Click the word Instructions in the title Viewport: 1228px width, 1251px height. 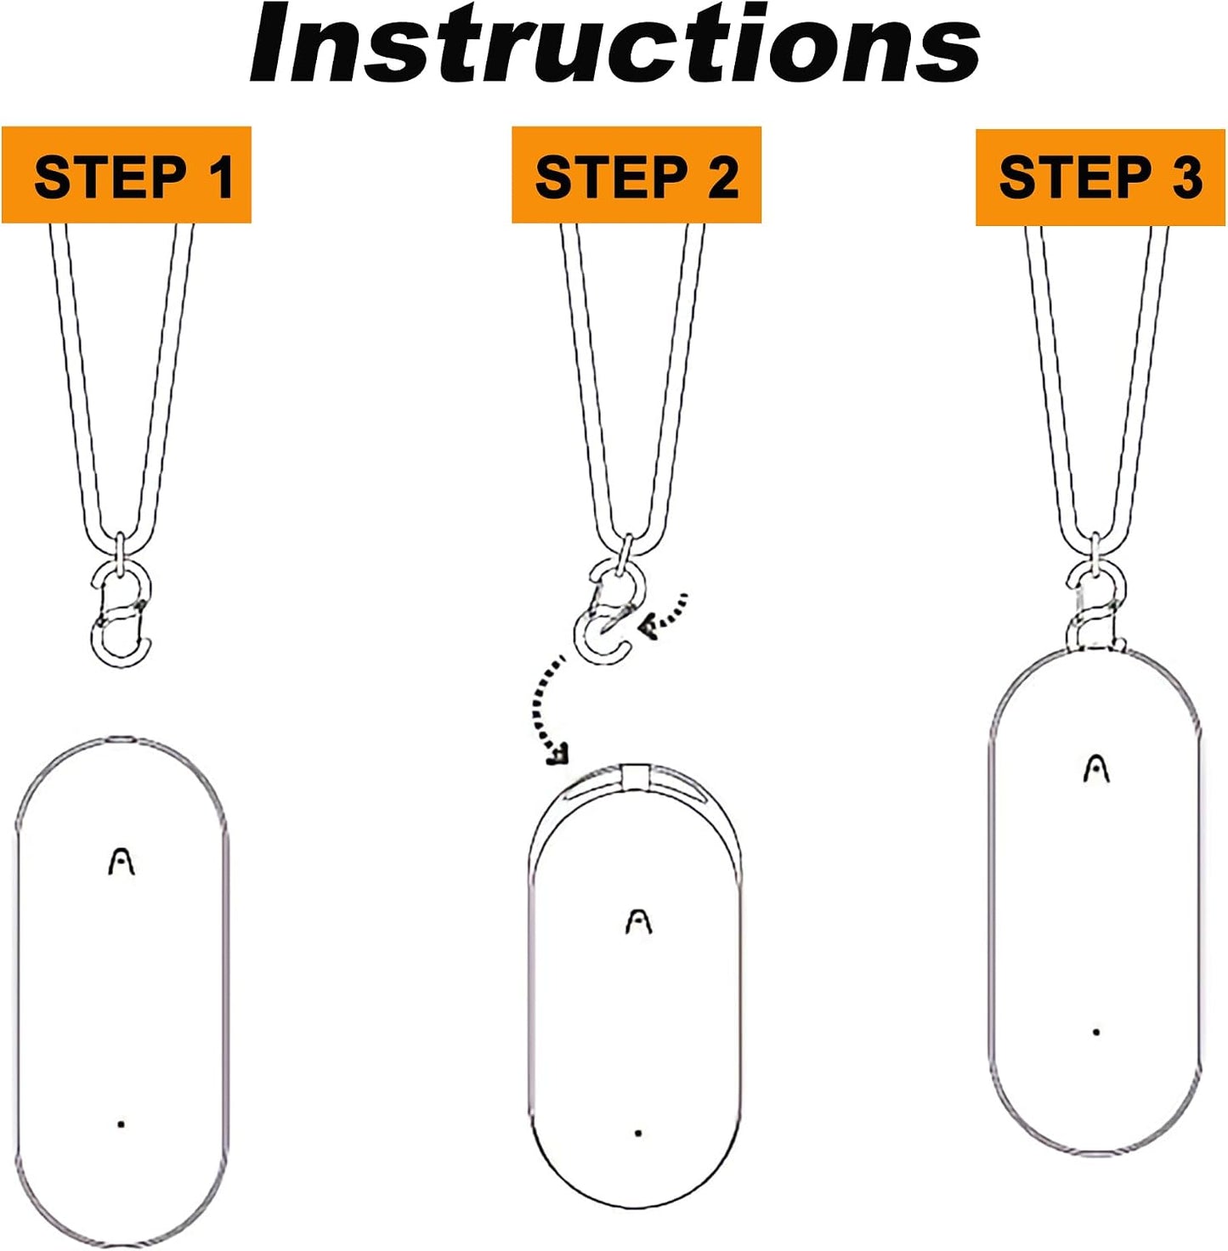pyautogui.click(x=614, y=44)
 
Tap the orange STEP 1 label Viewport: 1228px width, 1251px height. pyautogui.click(x=127, y=175)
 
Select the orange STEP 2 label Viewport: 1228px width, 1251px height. pyautogui.click(x=637, y=175)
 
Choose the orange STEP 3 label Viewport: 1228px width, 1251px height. pyautogui.click(x=1100, y=178)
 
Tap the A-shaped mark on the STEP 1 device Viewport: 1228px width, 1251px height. pyautogui.click(x=122, y=862)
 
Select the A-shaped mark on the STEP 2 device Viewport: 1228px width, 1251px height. pyautogui.click(x=638, y=922)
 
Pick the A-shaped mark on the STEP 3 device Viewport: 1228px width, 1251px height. pyautogui.click(x=1097, y=769)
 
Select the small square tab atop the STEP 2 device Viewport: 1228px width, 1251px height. pyautogui.click(x=635, y=777)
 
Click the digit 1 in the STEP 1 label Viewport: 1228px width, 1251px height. pyautogui.click(x=223, y=177)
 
